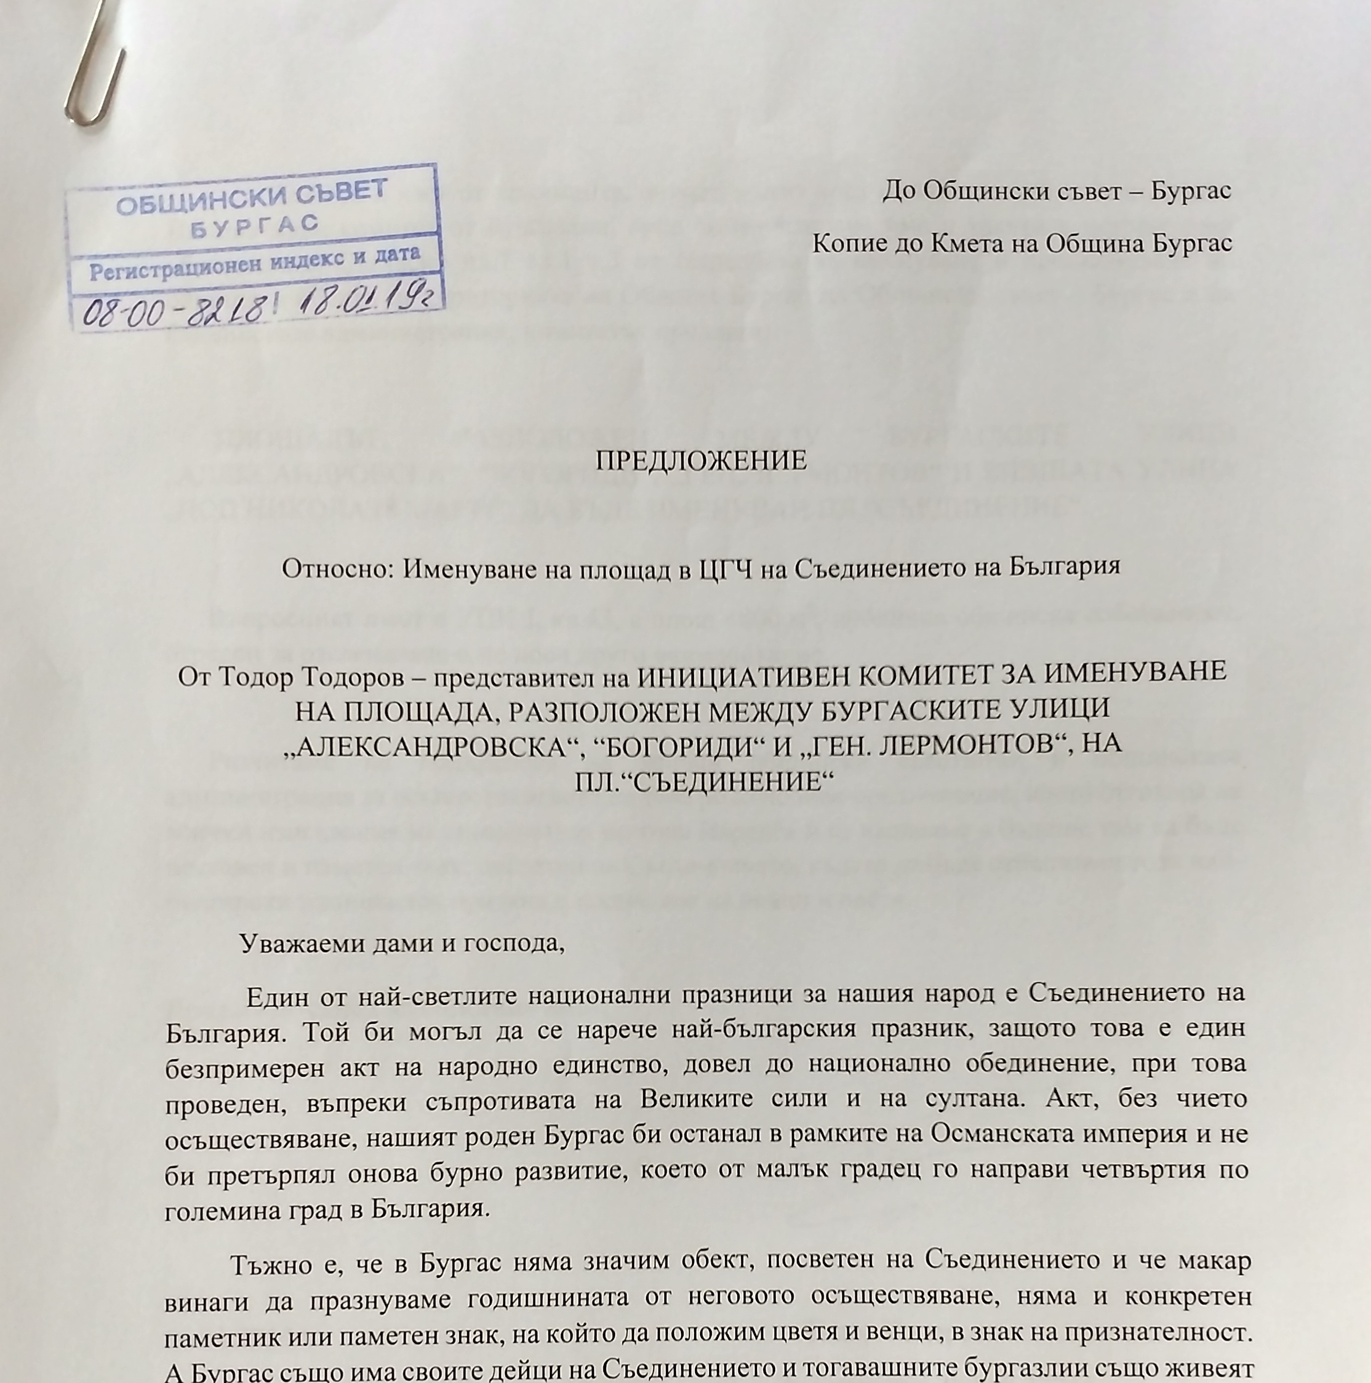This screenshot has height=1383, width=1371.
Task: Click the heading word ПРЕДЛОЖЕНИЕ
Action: [701, 461]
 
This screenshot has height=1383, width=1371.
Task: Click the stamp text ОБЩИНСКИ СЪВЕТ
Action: [252, 198]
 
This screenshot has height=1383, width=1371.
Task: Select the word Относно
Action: [335, 569]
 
